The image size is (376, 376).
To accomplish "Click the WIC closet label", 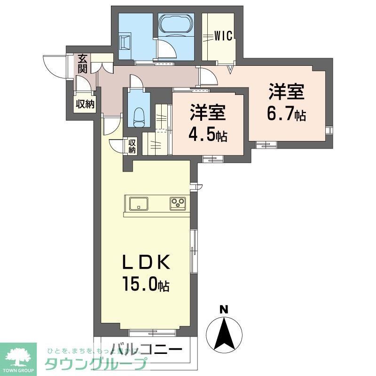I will [x=224, y=37].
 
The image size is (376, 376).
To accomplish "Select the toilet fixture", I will [x=138, y=115].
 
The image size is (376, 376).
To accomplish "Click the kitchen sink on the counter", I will [x=138, y=204].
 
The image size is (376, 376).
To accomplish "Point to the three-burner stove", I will [x=178, y=204].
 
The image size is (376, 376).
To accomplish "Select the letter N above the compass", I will [x=225, y=310].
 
